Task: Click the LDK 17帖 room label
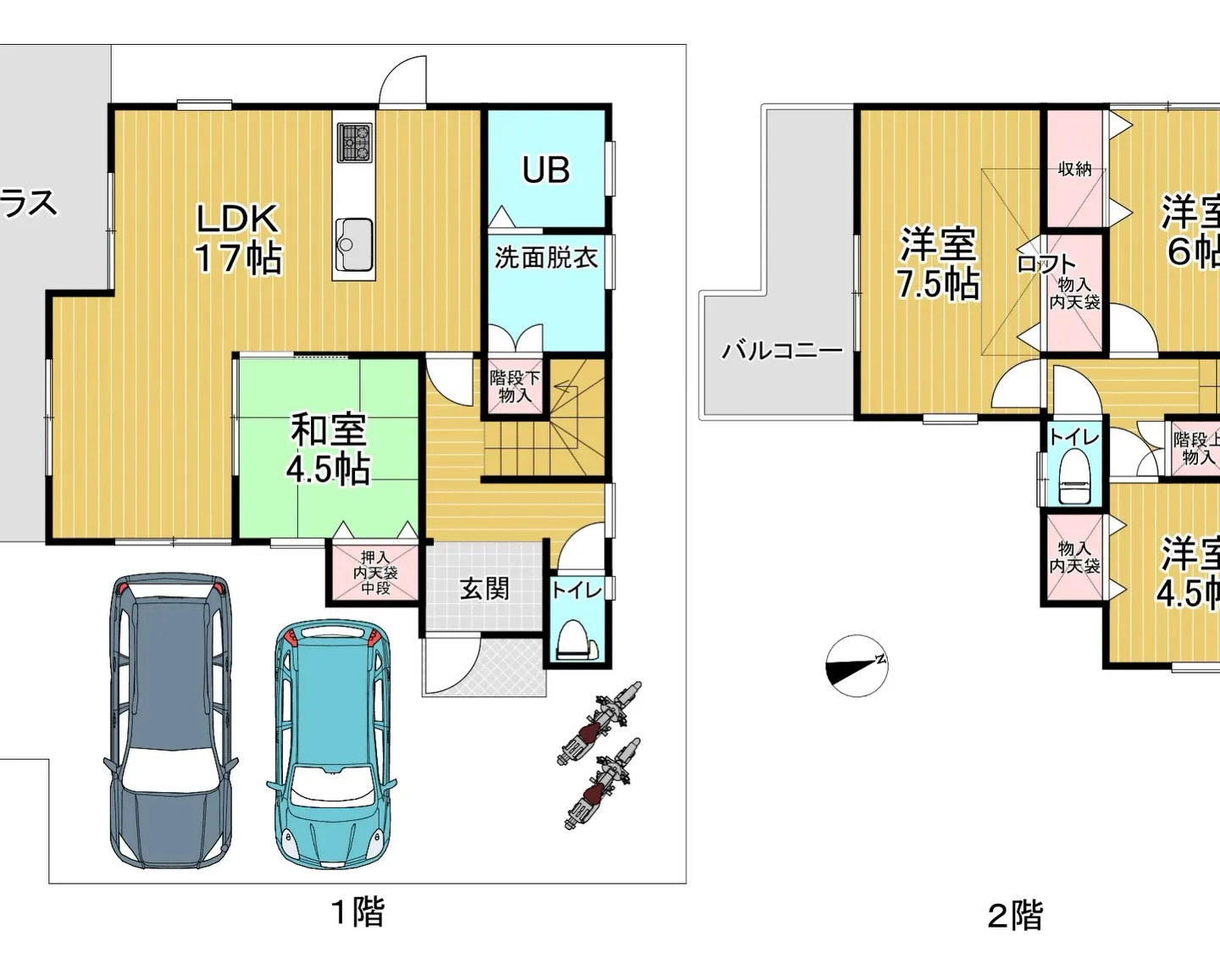pos(238,239)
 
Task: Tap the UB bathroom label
pos(546,170)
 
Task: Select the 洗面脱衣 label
pos(546,258)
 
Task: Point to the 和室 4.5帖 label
pos(328,449)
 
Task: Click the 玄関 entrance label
pos(485,589)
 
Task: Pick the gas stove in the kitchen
pos(355,142)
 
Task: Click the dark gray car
pos(171,720)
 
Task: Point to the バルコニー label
pos(781,350)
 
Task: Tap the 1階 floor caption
pos(357,912)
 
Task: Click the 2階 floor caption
pos(1015,916)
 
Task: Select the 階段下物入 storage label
pos(514,386)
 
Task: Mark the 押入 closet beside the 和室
pos(375,573)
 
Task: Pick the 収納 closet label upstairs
pos(1074,169)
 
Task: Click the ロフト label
pos(1045,264)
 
